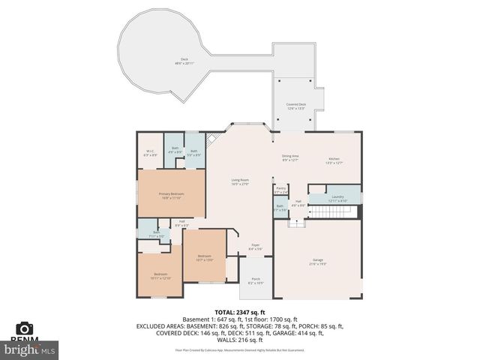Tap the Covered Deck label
[x=295, y=106]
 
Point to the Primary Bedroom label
[x=171, y=195]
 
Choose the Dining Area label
[x=290, y=157]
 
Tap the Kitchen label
[x=334, y=160]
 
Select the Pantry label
[x=281, y=190]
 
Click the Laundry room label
[x=338, y=199]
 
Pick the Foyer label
[x=255, y=246]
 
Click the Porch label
[x=256, y=281]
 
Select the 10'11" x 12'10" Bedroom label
[x=160, y=276]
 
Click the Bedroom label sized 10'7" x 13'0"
[x=205, y=258]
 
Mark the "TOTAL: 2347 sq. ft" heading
[x=239, y=311]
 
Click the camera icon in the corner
[x=24, y=328]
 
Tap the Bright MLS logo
[x=30, y=349]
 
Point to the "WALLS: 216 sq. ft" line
[x=239, y=340]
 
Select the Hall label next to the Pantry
[x=298, y=202]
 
